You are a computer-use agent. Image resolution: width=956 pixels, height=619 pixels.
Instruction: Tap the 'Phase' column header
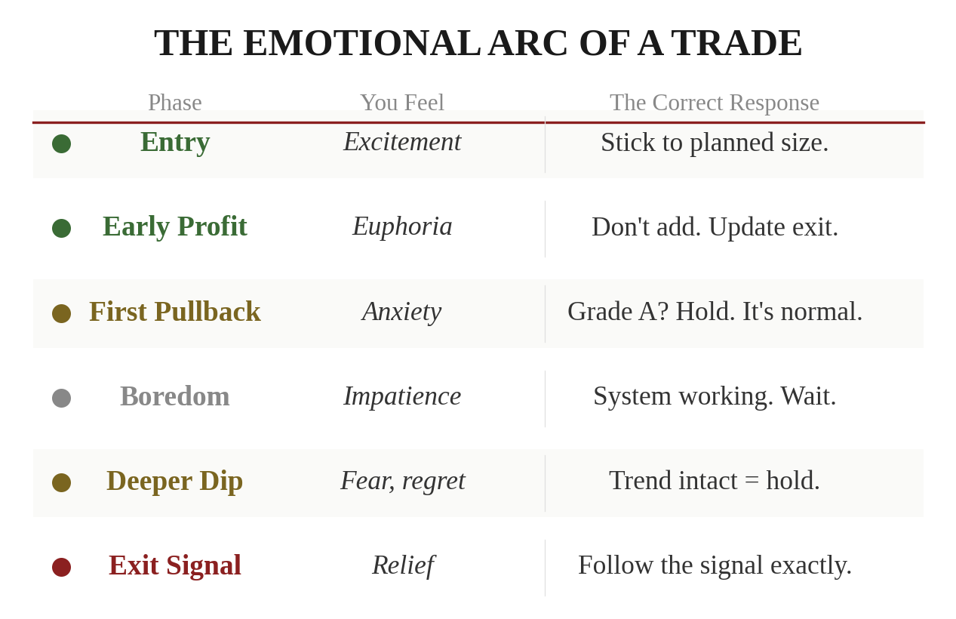174,103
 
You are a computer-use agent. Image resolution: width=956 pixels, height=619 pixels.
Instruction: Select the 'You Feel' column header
401,103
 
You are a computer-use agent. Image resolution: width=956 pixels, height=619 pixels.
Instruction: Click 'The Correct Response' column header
714,103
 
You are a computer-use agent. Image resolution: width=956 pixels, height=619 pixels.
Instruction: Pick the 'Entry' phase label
175,142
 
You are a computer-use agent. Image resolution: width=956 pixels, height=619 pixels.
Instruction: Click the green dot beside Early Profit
61,228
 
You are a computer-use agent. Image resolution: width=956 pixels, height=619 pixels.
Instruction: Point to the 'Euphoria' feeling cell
402,226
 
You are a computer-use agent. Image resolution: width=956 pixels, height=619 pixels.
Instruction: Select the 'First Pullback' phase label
174,312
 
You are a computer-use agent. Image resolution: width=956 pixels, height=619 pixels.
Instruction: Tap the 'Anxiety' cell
401,312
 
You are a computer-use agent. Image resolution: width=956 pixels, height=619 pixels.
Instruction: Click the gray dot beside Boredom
61,398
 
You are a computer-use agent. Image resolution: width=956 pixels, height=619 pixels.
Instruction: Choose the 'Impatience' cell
402,396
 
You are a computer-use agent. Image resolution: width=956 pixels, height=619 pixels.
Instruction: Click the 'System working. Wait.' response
715,396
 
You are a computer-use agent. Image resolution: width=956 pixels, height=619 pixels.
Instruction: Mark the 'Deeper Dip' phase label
174,481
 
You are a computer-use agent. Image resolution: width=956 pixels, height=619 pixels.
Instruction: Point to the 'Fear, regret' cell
402,481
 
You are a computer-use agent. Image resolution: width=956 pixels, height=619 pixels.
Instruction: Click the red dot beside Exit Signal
61,567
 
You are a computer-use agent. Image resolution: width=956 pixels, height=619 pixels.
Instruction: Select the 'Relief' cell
402,565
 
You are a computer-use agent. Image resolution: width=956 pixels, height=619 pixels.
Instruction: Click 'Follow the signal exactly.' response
715,565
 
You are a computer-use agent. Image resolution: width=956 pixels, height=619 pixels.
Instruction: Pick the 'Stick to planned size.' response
715,143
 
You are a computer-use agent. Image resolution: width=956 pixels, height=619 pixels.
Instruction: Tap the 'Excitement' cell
402,142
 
